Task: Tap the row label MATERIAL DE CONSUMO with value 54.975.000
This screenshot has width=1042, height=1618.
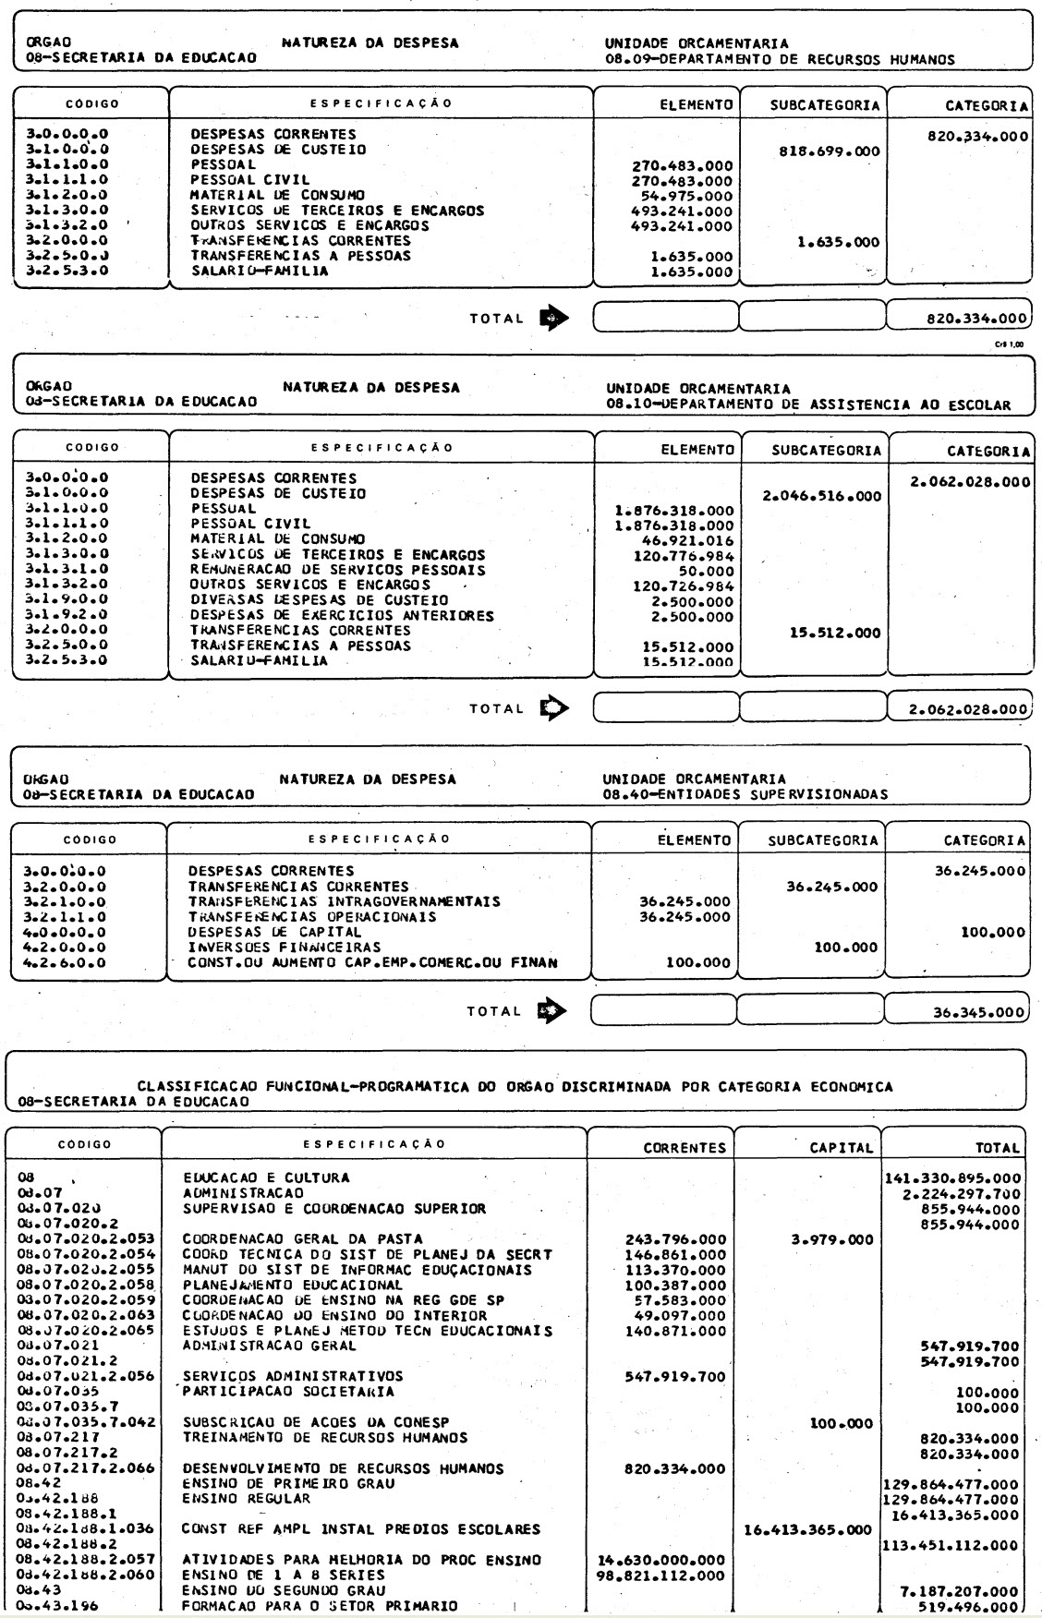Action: (x=277, y=196)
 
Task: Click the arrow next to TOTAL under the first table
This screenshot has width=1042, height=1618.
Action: (x=554, y=319)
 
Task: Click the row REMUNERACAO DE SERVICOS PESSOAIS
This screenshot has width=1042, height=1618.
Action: (x=337, y=571)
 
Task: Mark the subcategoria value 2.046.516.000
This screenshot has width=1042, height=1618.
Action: (x=822, y=496)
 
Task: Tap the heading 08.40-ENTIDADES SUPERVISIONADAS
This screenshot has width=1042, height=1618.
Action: (x=745, y=793)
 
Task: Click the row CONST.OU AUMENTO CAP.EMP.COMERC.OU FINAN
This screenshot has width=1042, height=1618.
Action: (x=373, y=963)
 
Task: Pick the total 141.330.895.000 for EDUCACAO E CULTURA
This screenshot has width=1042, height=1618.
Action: (x=952, y=1178)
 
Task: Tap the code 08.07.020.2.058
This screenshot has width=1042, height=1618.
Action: (x=84, y=1285)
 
